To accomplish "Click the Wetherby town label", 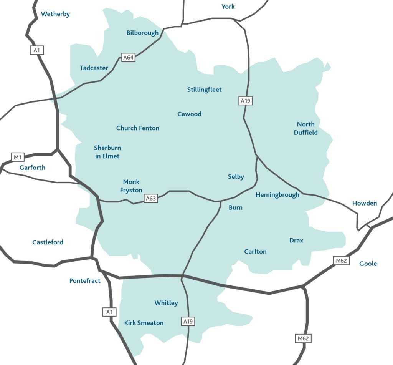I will coord(55,14).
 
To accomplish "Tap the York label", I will coord(228,7).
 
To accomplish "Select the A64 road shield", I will coord(128,58).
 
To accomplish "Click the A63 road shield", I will coord(151,199).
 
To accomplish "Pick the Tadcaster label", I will coord(94,68).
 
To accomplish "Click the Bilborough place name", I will coord(142,33).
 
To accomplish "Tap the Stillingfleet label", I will coord(205,90).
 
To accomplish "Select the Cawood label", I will coord(189,114).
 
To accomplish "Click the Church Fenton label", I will coord(138,128).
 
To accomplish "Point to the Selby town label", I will coord(236,177).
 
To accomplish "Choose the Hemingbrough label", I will coord(277,195).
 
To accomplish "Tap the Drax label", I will coord(296,241).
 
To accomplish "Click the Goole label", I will coord(368,264).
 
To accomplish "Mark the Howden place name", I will coord(365,203).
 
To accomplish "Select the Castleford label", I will coord(48,242).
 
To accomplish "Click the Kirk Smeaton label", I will coord(144,323).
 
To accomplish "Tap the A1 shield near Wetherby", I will coord(37,50).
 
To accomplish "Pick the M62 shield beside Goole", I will coord(341,261).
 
